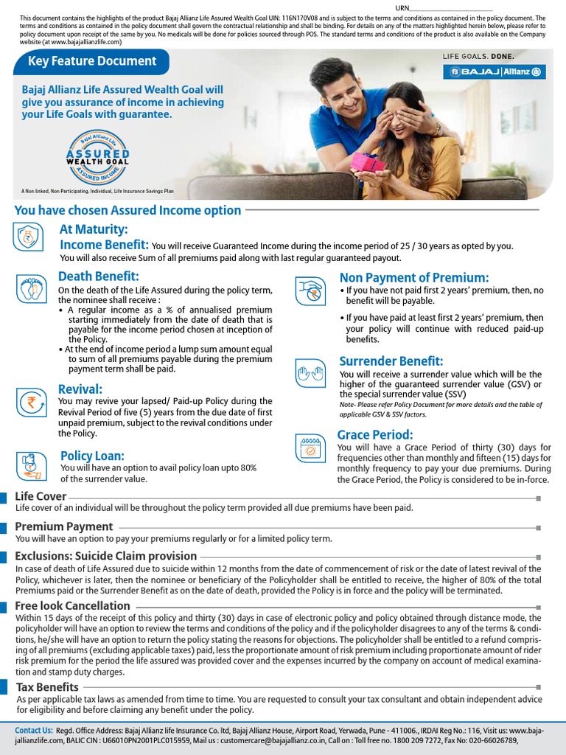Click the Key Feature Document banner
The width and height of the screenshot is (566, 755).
[91, 62]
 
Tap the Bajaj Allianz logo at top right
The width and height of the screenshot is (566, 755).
[494, 72]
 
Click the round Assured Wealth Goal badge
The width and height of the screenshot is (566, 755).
[97, 157]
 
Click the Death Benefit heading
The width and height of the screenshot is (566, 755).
[99, 276]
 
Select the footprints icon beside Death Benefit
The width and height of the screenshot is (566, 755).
[30, 287]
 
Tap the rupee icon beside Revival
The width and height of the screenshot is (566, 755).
[30, 402]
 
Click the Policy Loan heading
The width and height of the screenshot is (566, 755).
[92, 456]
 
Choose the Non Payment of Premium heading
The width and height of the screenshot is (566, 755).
[414, 277]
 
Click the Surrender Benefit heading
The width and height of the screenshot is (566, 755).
[391, 361]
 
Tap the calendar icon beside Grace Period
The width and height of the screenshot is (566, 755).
[310, 448]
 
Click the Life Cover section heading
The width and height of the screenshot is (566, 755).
[41, 496]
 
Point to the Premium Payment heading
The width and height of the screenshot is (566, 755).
[64, 526]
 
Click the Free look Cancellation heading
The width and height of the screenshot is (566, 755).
[73, 605]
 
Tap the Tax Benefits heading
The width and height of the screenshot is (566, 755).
[48, 687]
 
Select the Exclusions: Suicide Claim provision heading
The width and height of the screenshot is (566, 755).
[106, 556]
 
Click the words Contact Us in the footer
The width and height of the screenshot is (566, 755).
[34, 730]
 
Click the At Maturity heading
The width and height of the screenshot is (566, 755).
[94, 230]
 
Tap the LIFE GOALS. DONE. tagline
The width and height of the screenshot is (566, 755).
[478, 56]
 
